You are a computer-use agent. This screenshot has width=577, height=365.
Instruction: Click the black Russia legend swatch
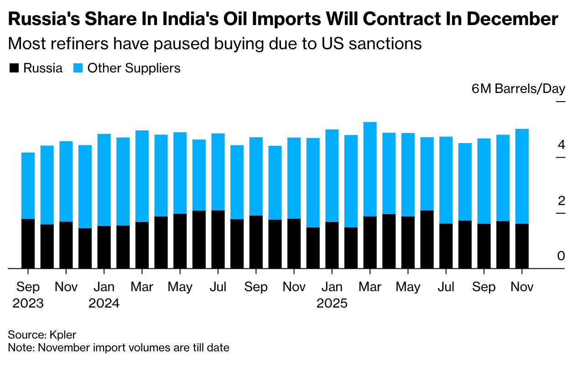point(14,69)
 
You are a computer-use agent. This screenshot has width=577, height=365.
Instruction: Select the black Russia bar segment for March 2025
point(370,242)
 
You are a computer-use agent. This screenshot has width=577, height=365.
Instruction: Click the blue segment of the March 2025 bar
point(370,169)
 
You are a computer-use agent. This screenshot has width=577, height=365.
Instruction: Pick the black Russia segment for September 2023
point(28,243)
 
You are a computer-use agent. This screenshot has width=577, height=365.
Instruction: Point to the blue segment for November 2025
point(522,176)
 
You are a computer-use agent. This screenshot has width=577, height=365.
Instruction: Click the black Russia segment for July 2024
point(218,239)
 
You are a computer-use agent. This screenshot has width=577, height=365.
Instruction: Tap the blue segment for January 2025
point(332,175)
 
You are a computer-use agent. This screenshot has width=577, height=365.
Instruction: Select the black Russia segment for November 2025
point(522,246)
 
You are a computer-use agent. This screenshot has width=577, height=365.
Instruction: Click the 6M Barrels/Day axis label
point(518,89)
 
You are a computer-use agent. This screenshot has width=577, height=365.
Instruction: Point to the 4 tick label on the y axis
point(561,145)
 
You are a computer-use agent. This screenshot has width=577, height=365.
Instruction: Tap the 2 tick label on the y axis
point(561,201)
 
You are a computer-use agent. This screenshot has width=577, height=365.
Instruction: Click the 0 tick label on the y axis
point(561,257)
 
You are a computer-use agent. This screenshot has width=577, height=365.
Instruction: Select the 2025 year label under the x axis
point(332,303)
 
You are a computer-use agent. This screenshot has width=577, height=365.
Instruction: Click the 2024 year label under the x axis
point(104,303)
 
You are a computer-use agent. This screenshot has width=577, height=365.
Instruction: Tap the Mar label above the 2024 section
point(142,287)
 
